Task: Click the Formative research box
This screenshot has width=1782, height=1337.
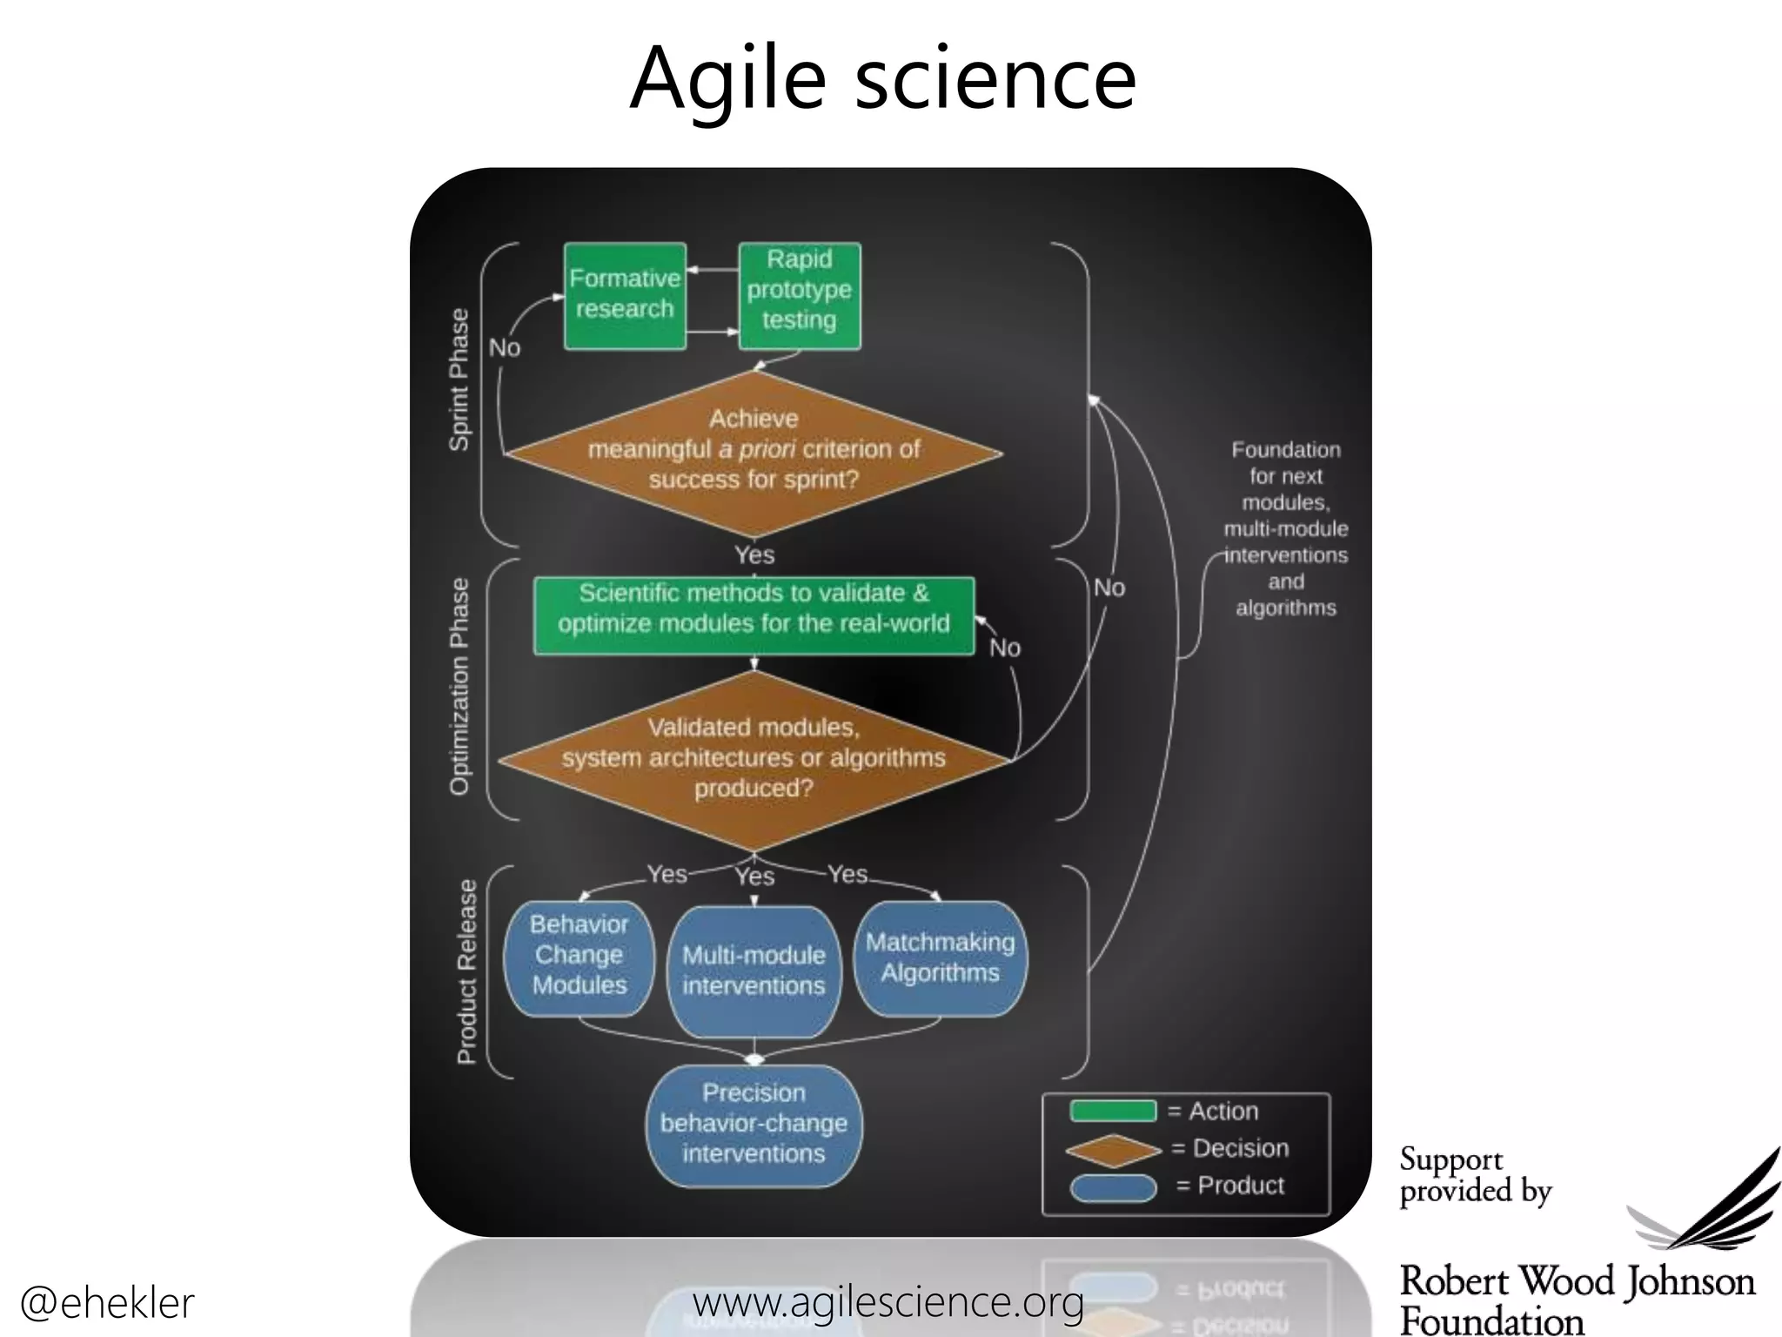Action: [625, 296]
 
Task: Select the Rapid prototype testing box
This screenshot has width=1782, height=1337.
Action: [799, 296]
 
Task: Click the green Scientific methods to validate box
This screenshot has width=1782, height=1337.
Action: [754, 615]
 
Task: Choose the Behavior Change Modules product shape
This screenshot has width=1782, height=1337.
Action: [579, 957]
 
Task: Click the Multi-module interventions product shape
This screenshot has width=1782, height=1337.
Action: [754, 971]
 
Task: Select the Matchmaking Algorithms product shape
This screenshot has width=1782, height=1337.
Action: [940, 957]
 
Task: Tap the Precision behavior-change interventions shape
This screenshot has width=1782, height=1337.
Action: [754, 1125]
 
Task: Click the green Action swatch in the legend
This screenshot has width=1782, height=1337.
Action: [1113, 1112]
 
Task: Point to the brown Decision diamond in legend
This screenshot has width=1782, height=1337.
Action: [1113, 1150]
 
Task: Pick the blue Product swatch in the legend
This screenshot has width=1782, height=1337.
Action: [1113, 1187]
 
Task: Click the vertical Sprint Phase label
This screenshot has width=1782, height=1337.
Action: [459, 380]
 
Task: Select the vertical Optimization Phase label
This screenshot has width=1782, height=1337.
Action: [459, 687]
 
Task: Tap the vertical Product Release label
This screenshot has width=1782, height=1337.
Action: [467, 971]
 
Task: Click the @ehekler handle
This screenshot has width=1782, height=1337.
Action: [106, 1303]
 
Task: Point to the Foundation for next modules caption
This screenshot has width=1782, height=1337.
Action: [1285, 528]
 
